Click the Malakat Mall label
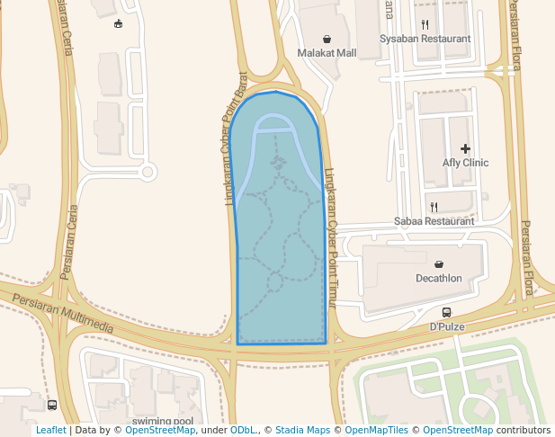point(327,53)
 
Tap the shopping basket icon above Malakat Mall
point(327,40)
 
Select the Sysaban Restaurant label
point(425,40)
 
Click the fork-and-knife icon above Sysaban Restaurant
point(425,25)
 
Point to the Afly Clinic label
point(465,163)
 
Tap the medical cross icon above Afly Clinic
point(465,148)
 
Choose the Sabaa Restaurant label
point(434,221)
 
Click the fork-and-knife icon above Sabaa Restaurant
point(434,207)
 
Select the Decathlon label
point(438,278)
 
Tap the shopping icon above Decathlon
point(438,264)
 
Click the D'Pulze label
point(446,326)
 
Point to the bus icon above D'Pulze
point(446,313)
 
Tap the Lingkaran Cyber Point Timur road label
point(330,239)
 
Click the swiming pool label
point(162,421)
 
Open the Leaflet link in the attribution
point(50,431)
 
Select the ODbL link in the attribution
point(243,431)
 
